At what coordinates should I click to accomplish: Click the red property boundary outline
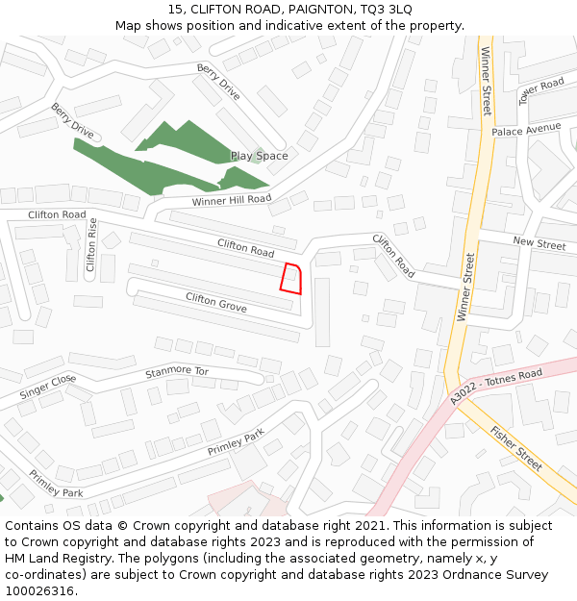pos(290,277)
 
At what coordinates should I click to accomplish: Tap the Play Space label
pos(259,156)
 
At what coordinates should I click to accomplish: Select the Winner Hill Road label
pos(232,200)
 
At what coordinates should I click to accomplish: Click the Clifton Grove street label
pos(216,303)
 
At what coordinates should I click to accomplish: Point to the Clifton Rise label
pos(92,244)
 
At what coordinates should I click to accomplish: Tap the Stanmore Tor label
pos(176,371)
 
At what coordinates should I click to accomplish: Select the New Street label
pos(539,244)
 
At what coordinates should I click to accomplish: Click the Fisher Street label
pos(516,447)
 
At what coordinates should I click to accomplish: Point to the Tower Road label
pos(540,90)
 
